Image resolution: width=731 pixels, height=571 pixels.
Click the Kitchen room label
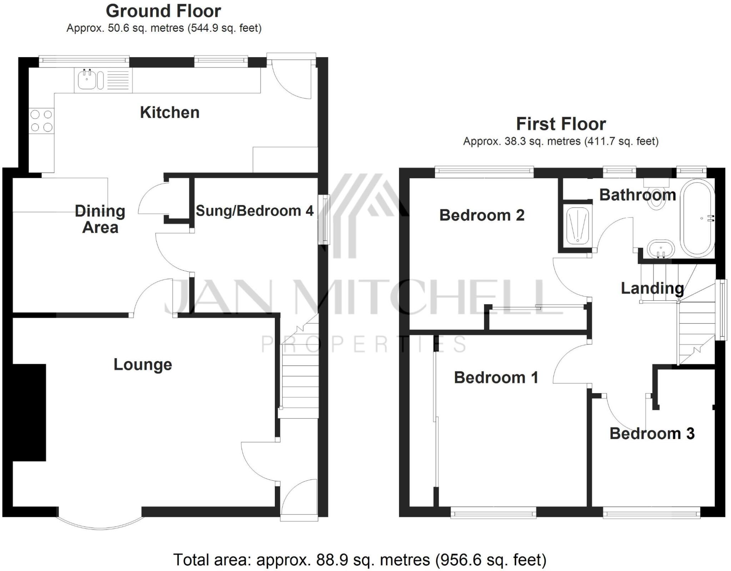click(x=170, y=112)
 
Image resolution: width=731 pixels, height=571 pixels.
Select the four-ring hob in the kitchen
click(x=42, y=121)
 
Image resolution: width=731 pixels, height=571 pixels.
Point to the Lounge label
click(x=143, y=365)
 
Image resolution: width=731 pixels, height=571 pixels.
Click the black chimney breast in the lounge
click(x=29, y=412)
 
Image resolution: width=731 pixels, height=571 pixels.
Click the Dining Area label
click(x=100, y=219)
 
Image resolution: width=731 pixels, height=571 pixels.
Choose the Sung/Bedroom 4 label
click(x=254, y=211)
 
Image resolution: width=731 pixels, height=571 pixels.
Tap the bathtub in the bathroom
click(x=697, y=218)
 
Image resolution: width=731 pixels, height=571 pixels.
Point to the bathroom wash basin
click(x=660, y=249)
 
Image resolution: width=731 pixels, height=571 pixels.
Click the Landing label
click(x=652, y=288)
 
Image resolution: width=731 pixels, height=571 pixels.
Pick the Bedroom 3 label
click(x=652, y=434)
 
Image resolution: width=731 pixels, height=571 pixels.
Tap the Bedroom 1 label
click(x=496, y=377)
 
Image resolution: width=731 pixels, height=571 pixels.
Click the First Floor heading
click(x=561, y=124)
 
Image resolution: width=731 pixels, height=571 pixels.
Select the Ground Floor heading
click(x=163, y=11)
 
